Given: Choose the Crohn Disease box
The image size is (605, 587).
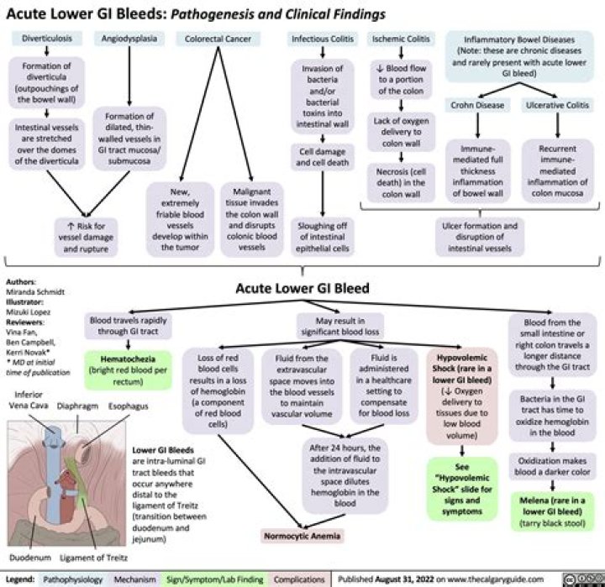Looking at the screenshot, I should point(476,105).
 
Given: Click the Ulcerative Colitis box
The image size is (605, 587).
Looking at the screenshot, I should point(557,105).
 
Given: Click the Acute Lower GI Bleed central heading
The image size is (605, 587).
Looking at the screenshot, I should point(302,288).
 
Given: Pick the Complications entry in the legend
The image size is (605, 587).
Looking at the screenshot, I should point(300,579).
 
